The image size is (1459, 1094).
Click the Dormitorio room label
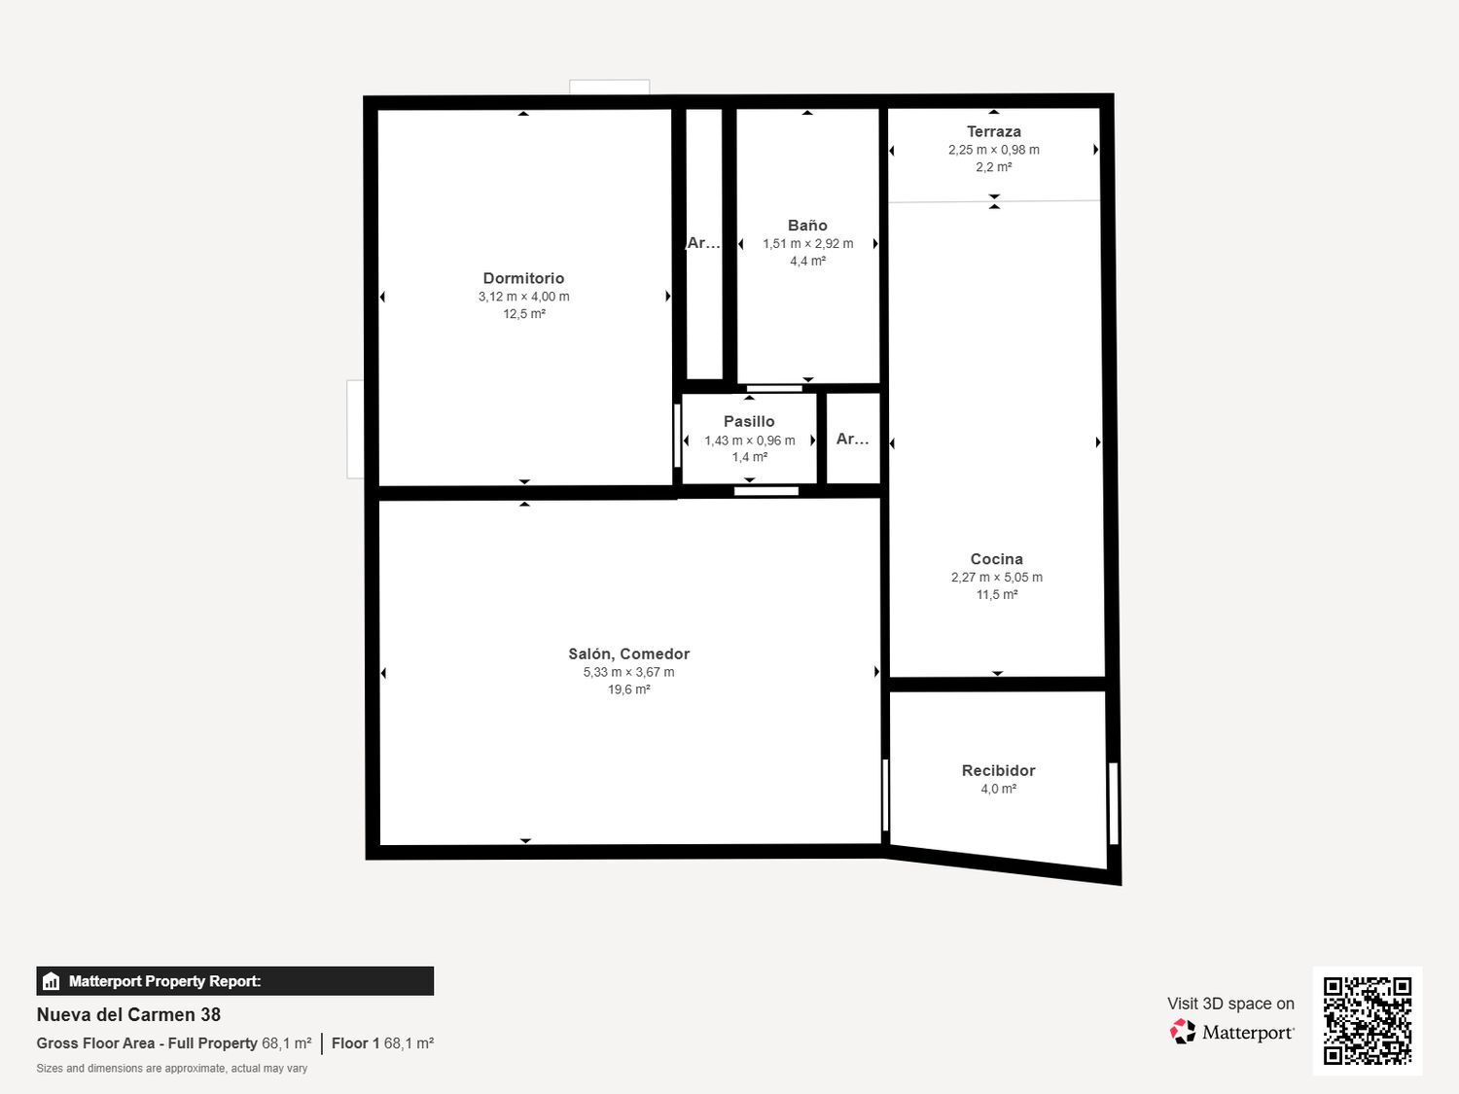523,278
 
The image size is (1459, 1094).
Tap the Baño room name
807,226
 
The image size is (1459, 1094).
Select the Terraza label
994,131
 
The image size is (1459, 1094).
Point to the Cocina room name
996,559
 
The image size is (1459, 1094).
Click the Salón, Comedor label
628,654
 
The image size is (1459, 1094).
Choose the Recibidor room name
998,770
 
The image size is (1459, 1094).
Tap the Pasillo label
749,421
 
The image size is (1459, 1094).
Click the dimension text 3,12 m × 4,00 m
523,297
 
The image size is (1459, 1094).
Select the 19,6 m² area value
628,689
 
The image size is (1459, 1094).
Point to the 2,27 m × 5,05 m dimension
996,578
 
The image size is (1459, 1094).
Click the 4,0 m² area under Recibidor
998,789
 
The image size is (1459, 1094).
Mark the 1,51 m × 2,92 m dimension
807,244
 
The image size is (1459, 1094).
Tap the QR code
1368,1020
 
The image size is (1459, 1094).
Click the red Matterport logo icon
1183,1032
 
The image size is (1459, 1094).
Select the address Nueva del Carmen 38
128,1014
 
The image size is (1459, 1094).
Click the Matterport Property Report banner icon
52,981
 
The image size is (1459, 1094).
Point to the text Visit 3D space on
1230,1004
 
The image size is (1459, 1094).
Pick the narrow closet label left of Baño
703,243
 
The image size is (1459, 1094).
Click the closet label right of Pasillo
852,439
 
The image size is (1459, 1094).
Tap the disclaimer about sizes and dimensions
171,1068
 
